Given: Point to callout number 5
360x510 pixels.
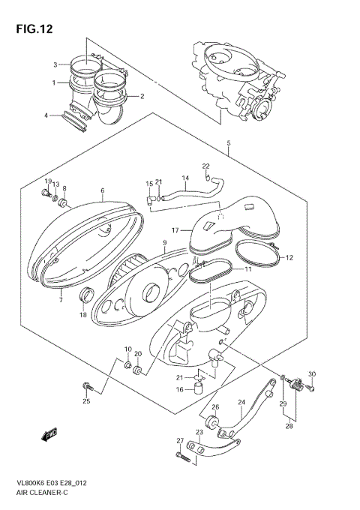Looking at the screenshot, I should point(229,142).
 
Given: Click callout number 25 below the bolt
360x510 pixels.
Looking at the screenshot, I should point(86,401).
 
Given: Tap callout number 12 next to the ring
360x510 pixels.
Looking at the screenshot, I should point(289,257).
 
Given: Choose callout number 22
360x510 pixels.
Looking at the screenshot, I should point(205,166).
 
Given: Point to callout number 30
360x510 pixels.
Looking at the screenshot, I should point(312,374).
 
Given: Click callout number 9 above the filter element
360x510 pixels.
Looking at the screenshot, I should point(163,243).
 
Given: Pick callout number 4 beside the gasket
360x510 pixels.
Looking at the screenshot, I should point(46,115).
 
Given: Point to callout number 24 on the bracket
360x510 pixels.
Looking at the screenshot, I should point(241,403).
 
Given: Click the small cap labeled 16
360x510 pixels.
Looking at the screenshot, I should point(199,388).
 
